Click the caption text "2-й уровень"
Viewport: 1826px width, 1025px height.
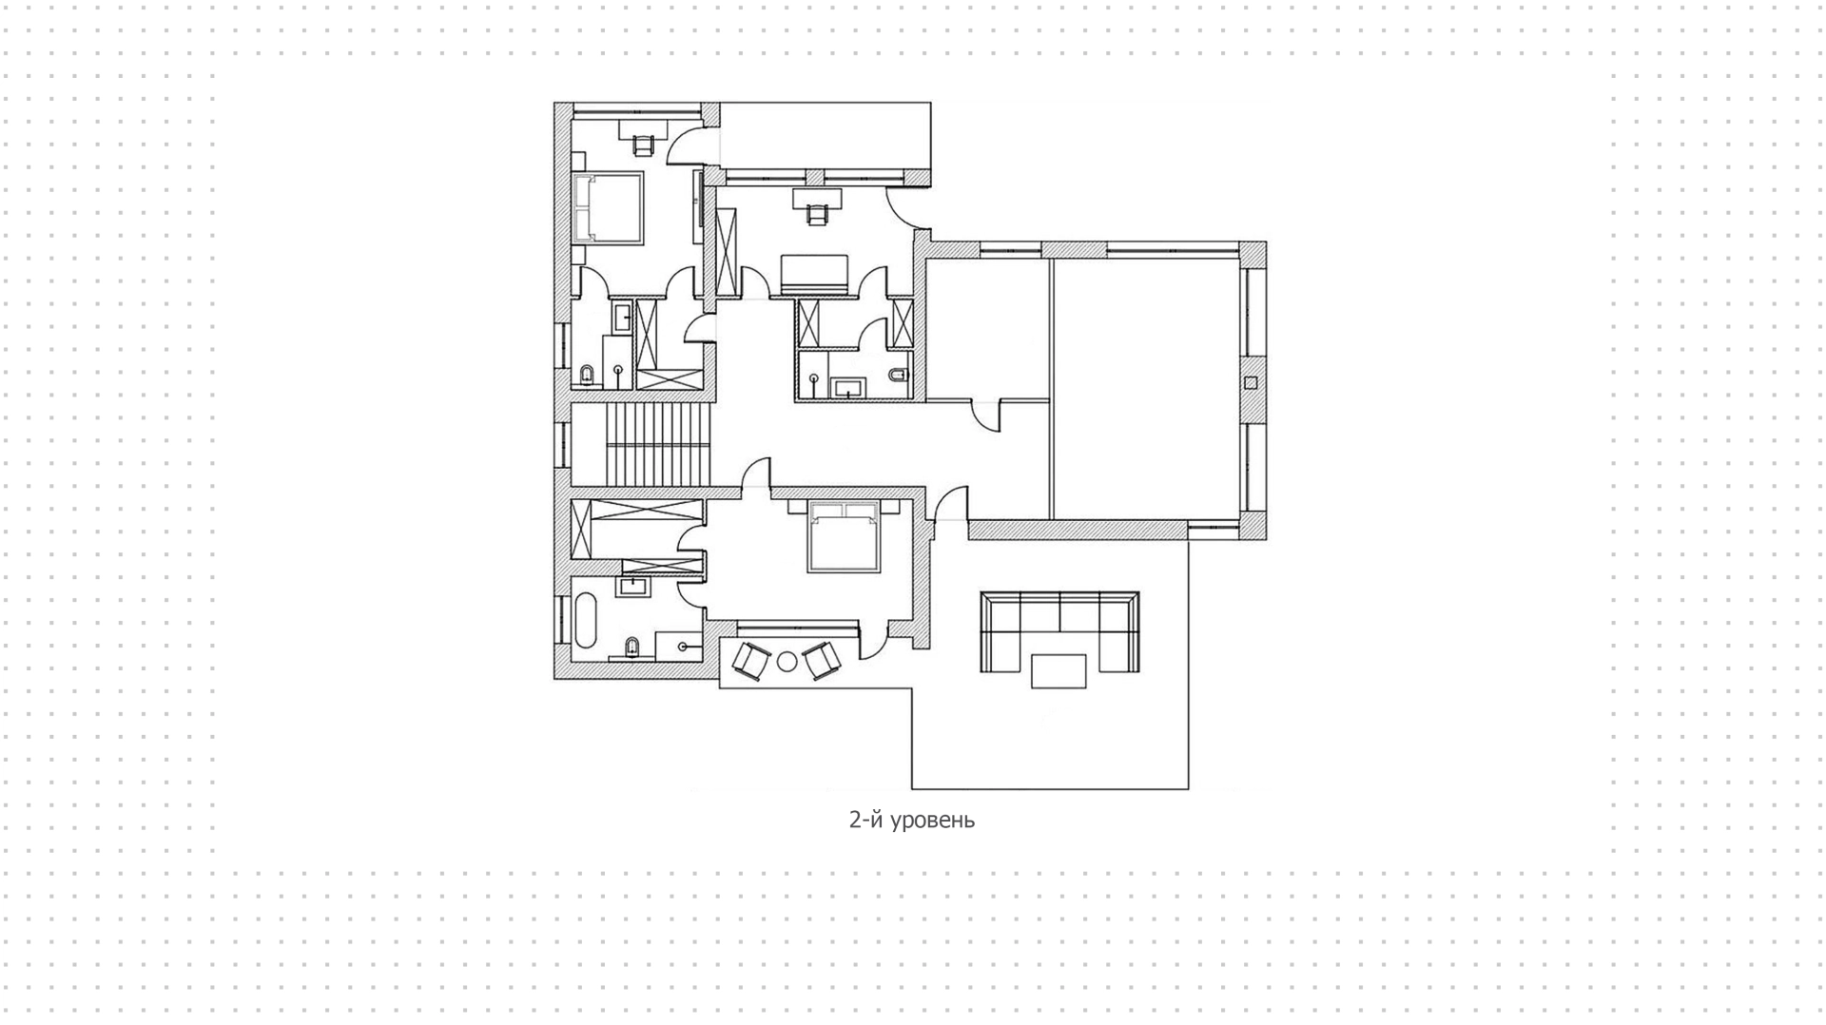click(911, 820)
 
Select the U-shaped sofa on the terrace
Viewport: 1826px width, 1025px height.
click(1059, 631)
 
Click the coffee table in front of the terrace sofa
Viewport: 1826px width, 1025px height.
click(1059, 670)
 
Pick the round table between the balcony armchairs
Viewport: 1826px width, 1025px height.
click(787, 661)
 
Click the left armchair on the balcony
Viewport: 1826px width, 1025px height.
click(750, 661)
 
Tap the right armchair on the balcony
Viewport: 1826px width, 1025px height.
click(823, 661)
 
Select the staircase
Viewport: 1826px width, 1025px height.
click(658, 443)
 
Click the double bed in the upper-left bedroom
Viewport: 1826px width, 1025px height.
click(608, 206)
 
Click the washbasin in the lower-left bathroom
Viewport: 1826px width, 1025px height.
click(631, 586)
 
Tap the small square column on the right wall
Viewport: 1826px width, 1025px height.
click(1251, 383)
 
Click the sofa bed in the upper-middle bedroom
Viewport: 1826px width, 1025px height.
click(814, 274)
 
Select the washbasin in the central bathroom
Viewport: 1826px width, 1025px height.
click(847, 387)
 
